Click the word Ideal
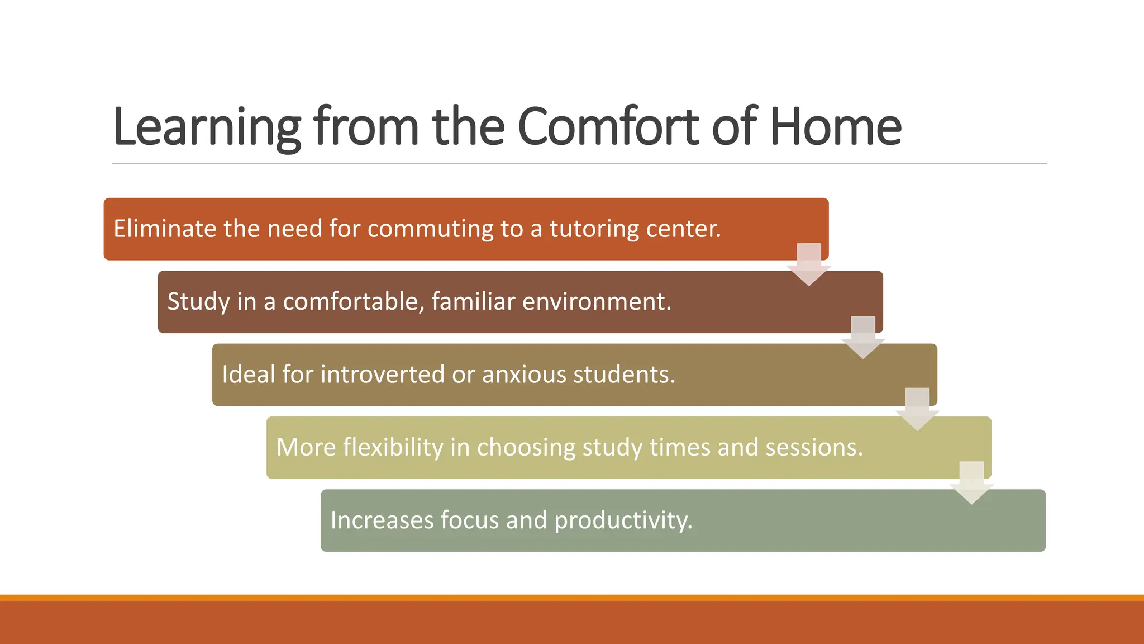tap(249, 374)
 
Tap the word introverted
tap(383, 374)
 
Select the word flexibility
tap(393, 447)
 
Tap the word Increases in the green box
tap(382, 520)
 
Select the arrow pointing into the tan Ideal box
tap(863, 338)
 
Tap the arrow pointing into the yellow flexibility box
tap(917, 410)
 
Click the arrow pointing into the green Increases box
tap(971, 483)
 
